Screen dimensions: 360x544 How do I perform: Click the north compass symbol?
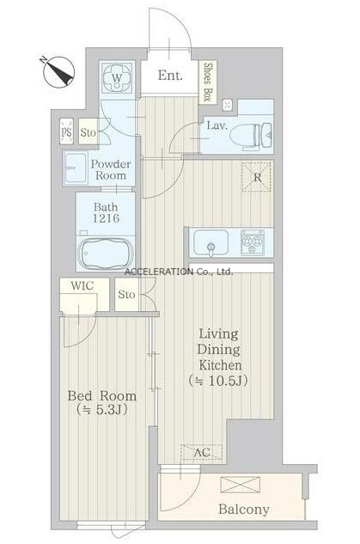pos(58,71)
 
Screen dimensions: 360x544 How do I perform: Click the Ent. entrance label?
pos(170,75)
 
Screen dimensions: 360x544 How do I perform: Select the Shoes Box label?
pos(207,82)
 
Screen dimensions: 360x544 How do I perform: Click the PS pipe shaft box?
pos(66,131)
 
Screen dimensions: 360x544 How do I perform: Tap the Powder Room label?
pos(111,169)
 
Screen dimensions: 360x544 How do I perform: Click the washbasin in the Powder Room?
pos(76,168)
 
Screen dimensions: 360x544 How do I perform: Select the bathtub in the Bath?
pos(106,253)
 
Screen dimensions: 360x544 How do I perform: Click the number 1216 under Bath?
pos(107,218)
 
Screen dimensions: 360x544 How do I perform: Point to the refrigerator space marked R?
pos(257,176)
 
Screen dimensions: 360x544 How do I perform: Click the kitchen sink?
pos(211,242)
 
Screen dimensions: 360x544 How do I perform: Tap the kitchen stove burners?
pos(253,241)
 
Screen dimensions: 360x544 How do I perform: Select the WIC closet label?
pos(82,286)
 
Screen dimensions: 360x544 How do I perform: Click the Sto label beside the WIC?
pos(126,295)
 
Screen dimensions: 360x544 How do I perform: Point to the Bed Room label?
pos(102,396)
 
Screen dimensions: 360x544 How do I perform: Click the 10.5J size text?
pos(228,381)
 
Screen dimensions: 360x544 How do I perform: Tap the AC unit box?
pos(202,452)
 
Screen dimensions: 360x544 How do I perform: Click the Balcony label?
pos(244,510)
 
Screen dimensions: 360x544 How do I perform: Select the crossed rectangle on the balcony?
pos(240,485)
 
